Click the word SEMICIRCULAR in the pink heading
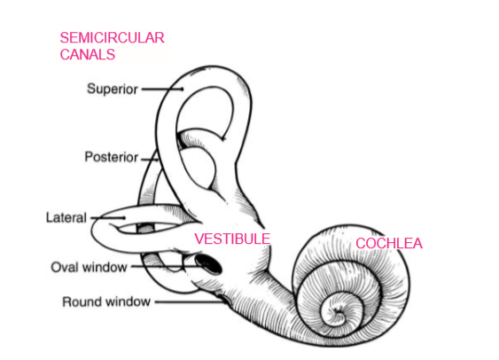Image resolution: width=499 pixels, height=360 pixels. point(112,38)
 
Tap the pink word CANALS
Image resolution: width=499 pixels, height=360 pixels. point(88,54)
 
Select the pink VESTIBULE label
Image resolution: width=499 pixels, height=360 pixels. point(232,239)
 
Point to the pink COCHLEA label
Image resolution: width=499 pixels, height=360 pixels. point(389,244)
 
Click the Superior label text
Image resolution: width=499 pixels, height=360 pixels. point(113,89)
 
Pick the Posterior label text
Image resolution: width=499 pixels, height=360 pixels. point(112,157)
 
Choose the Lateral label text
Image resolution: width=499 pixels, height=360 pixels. point(66,218)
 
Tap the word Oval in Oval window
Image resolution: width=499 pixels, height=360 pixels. point(66,267)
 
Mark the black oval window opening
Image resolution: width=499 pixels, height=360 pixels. point(208,264)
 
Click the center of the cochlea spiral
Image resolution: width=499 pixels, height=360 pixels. point(339,313)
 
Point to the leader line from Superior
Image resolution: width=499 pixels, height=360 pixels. point(162,90)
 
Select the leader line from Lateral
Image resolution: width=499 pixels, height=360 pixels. point(108,218)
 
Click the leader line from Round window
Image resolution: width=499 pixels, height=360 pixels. point(191,301)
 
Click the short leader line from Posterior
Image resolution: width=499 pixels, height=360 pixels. point(150,159)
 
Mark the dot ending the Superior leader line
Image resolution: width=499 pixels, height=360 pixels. point(182,90)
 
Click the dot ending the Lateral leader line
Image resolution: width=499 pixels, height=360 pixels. point(124,218)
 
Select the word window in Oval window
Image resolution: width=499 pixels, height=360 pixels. point(105,267)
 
